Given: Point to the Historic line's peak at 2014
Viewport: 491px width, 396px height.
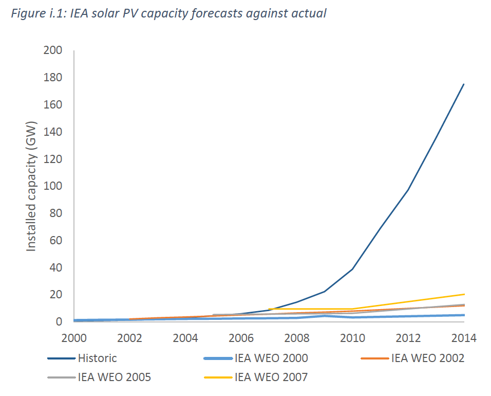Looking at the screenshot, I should [x=464, y=84].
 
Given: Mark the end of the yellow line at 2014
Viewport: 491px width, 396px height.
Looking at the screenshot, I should [x=464, y=294].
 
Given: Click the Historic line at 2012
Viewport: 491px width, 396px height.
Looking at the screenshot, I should [x=408, y=190].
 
